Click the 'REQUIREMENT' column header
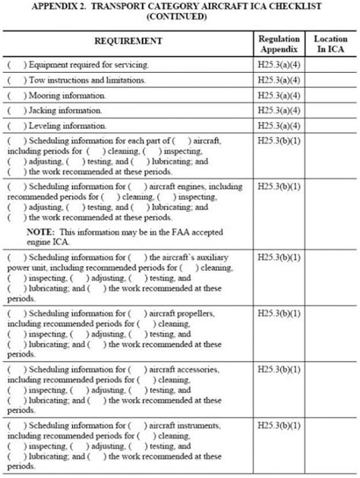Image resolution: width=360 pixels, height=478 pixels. point(128,40)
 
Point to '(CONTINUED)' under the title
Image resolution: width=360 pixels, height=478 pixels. point(178,16)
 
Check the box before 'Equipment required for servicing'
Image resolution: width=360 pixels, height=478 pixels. point(14,65)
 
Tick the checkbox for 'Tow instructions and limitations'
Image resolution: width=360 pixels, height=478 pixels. point(14,80)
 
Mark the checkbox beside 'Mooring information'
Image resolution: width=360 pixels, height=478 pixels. point(14,96)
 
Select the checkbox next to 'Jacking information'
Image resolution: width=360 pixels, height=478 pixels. point(14,111)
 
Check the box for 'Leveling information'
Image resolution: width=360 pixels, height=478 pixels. point(14,125)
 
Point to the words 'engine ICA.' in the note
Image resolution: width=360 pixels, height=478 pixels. point(47,241)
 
